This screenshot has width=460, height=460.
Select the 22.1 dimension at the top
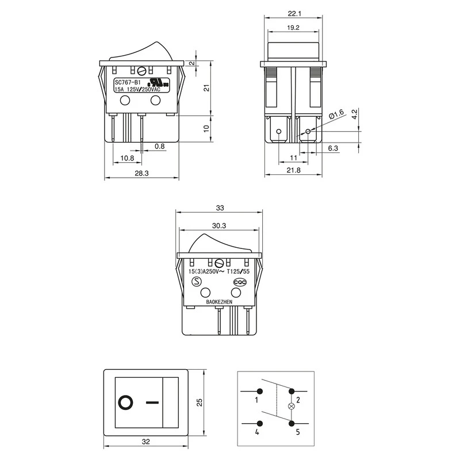[x=294, y=13]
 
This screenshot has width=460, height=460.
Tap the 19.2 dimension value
[x=294, y=28]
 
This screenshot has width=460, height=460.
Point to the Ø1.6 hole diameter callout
[x=336, y=114]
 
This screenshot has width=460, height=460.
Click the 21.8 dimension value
[x=294, y=171]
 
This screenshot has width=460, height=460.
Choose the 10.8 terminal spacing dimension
[x=127, y=158]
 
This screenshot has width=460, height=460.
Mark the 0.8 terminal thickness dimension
[x=159, y=147]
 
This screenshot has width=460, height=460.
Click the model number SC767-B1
[x=127, y=82]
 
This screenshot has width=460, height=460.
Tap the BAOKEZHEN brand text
[x=220, y=301]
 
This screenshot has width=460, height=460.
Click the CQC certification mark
[x=239, y=282]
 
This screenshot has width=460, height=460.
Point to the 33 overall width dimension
[x=219, y=208]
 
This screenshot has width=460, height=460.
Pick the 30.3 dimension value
[x=219, y=225]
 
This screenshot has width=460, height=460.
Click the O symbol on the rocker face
[x=125, y=402]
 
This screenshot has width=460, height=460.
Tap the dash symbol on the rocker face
[x=152, y=402]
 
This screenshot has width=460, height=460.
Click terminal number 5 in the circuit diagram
[x=298, y=431]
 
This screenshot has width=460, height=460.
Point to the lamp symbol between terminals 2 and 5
[x=291, y=407]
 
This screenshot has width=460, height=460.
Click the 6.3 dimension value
[x=333, y=148]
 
